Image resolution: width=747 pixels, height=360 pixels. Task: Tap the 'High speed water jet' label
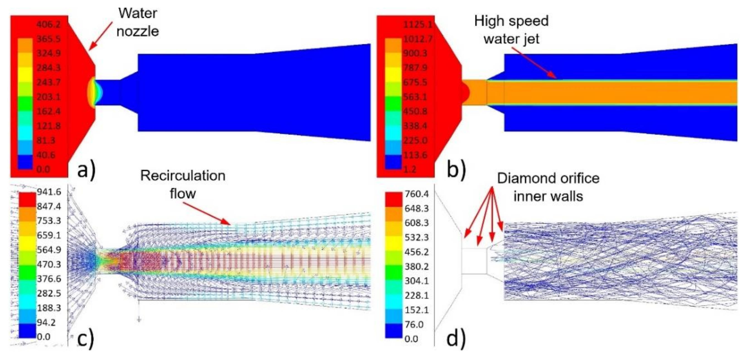tap(511, 30)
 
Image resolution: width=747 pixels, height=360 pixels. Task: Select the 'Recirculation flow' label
tap(183, 184)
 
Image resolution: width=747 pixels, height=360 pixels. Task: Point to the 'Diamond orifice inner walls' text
tap(548, 187)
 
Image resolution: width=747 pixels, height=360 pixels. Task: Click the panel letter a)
tap(86, 169)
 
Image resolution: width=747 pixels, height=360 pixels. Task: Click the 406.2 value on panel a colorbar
tap(49, 24)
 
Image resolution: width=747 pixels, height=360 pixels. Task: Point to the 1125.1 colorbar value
tap(417, 24)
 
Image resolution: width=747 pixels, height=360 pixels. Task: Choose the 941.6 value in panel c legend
tap(49, 192)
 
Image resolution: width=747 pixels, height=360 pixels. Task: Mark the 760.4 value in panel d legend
tap(416, 194)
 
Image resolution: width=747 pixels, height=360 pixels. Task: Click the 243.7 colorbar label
tap(49, 82)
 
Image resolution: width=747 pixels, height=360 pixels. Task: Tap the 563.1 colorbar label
tap(415, 97)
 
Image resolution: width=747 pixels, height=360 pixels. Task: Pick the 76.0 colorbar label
tap(414, 324)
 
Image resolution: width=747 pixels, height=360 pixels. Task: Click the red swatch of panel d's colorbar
tap(393, 200)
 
